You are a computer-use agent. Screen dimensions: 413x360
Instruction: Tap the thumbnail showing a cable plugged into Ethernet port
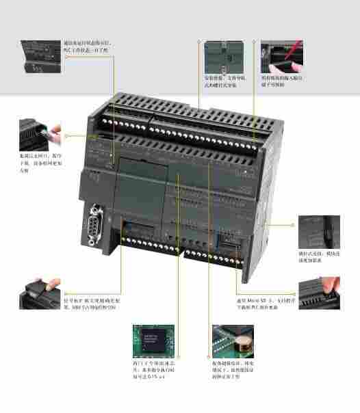(39, 134)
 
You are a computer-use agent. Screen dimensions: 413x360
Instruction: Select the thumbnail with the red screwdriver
(279, 56)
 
